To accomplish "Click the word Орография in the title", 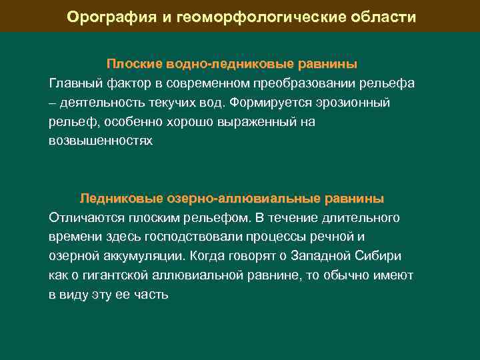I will pyautogui.click(x=111, y=17).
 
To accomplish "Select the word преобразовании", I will pyautogui.click(x=300, y=83).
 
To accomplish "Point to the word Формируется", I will pyautogui.click(x=269, y=103).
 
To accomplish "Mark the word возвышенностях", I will pyautogui.click(x=101, y=141).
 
